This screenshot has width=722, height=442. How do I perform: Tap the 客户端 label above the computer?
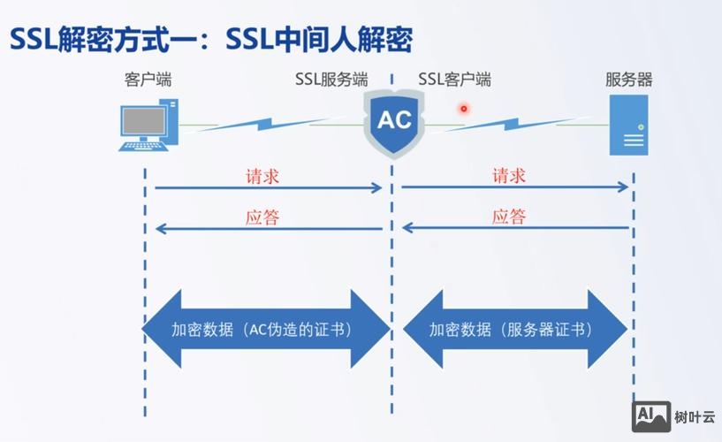pyautogui.click(x=148, y=80)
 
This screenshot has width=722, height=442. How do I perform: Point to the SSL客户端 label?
pyautogui.click(x=455, y=80)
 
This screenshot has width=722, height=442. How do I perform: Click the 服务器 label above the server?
pyautogui.click(x=628, y=80)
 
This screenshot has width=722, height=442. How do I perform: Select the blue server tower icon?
pyautogui.click(x=628, y=126)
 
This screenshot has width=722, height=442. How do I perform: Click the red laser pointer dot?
pyautogui.click(x=461, y=109)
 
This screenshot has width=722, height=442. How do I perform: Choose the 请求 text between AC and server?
pyautogui.click(x=509, y=176)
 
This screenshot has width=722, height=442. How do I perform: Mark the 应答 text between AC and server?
pyautogui.click(x=509, y=217)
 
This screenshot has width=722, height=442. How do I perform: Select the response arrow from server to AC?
pyautogui.click(x=515, y=229)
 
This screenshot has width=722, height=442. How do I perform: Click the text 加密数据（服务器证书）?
pyautogui.click(x=511, y=330)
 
